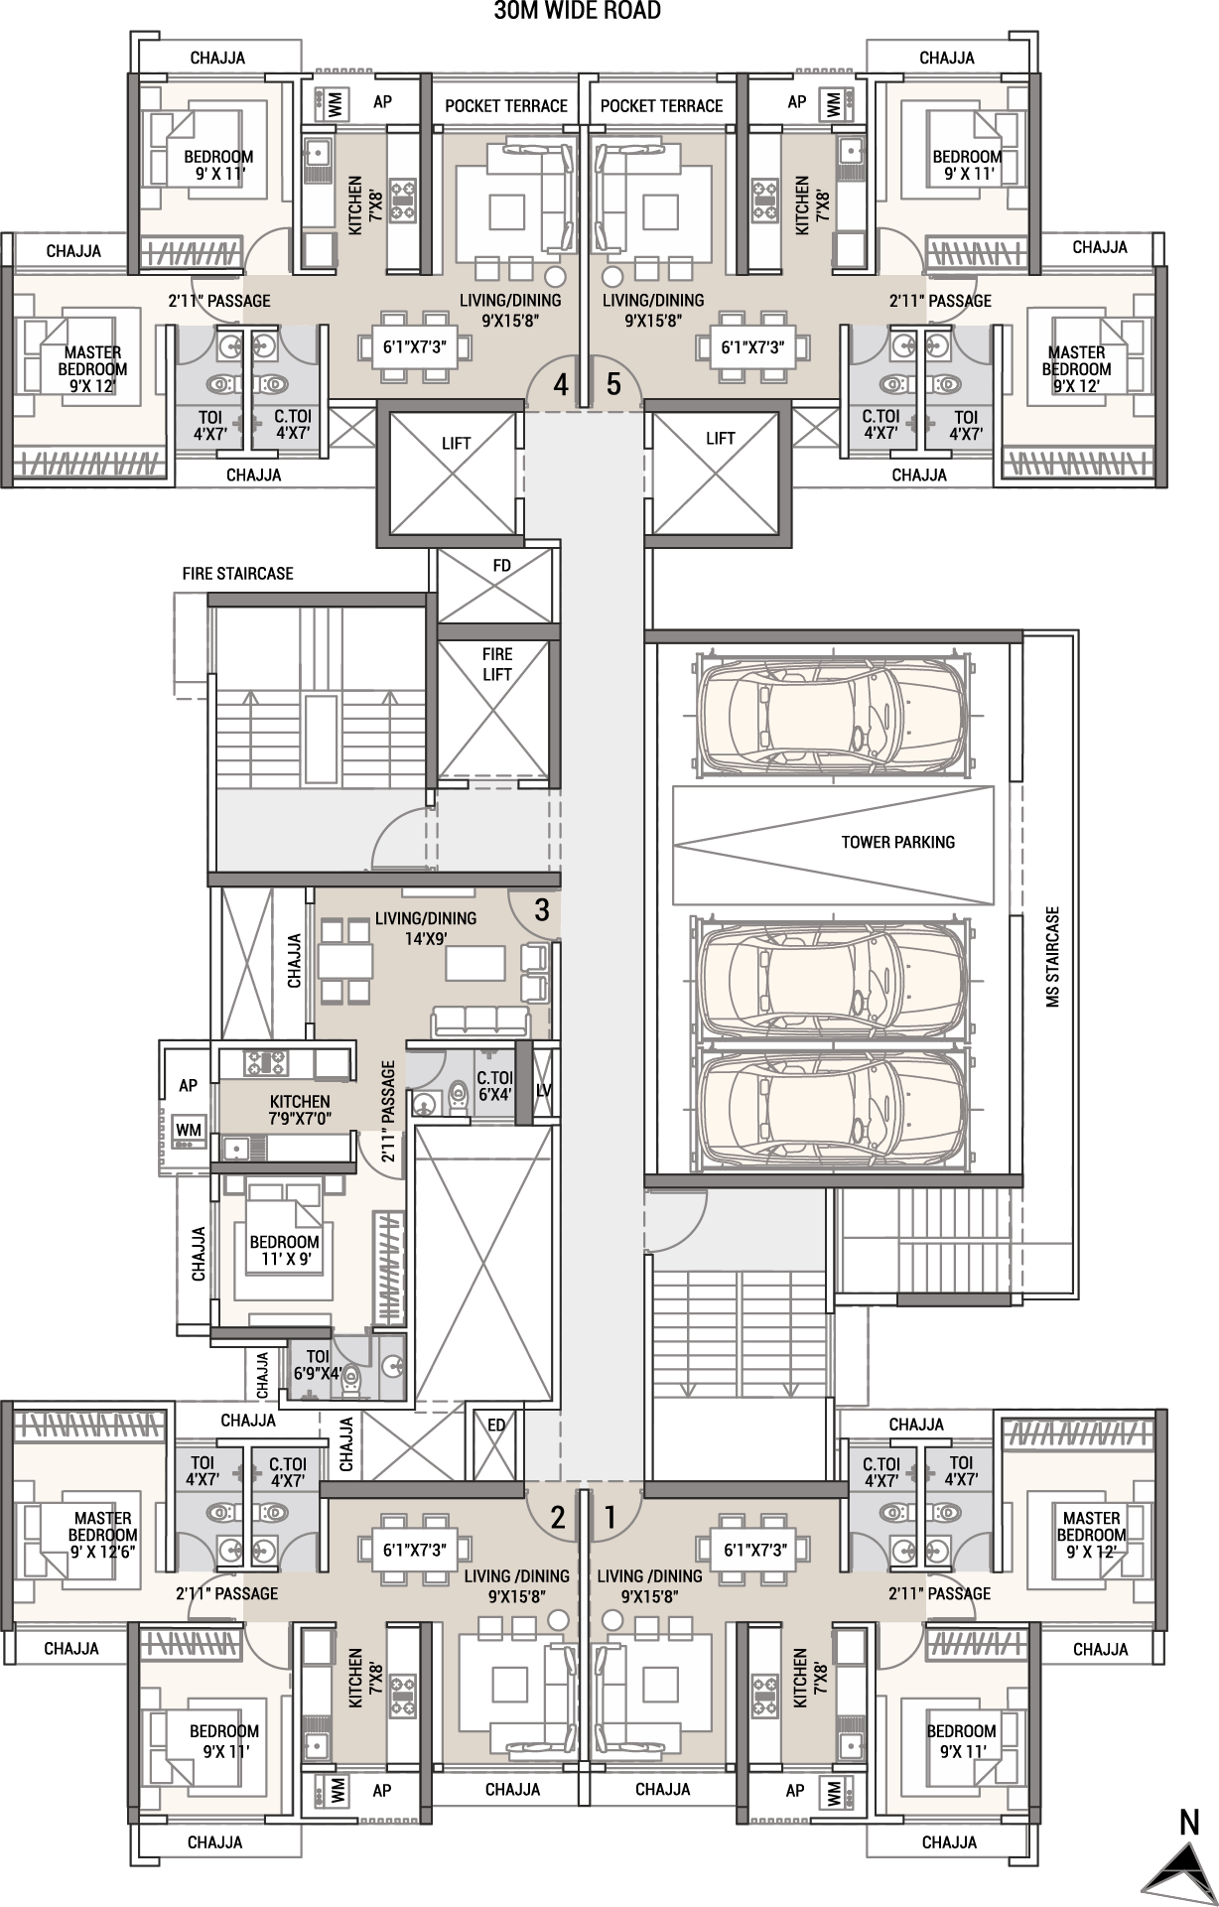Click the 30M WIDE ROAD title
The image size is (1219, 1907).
[x=577, y=11]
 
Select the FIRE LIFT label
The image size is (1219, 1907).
[x=497, y=664]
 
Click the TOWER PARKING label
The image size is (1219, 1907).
[x=897, y=842]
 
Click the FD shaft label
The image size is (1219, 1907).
[x=501, y=565]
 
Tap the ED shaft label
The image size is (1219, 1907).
[x=496, y=1426]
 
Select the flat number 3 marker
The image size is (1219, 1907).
[x=542, y=910]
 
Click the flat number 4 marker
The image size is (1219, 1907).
[x=561, y=384]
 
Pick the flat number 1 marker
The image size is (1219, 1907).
[x=610, y=1517]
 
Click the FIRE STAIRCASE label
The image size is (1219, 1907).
[x=237, y=574]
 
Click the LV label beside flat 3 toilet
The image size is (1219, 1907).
[x=544, y=1091]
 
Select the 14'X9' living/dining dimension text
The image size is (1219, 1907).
[x=426, y=935]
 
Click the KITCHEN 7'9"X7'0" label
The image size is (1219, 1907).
[x=300, y=1110]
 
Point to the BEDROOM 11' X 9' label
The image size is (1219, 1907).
[x=285, y=1250]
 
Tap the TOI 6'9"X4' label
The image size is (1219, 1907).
[x=318, y=1365]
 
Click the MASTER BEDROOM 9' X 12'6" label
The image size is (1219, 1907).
[x=104, y=1535]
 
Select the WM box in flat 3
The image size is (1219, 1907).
[x=189, y=1130]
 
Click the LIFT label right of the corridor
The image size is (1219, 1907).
[x=720, y=438]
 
